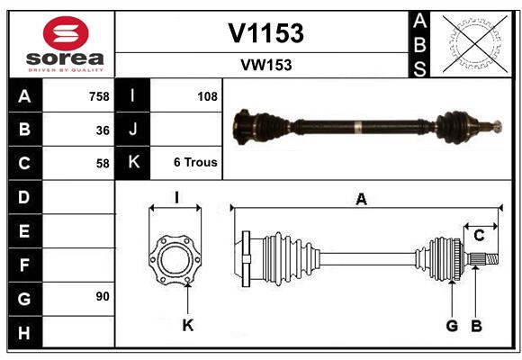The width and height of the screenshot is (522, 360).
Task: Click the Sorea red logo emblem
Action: tap(66, 33)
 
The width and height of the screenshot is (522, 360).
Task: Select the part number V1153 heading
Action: tap(265, 33)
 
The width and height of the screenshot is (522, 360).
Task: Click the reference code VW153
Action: tap(265, 65)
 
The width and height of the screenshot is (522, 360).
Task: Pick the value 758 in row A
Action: tap(99, 96)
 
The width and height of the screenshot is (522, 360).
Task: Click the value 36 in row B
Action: tap(103, 130)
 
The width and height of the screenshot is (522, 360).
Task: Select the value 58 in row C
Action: tap(103, 164)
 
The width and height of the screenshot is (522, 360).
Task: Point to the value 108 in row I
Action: tap(207, 96)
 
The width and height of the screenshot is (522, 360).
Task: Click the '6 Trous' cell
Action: tap(195, 164)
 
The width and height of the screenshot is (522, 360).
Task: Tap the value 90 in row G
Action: tap(103, 296)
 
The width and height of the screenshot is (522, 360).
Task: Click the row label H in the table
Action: tap(24, 333)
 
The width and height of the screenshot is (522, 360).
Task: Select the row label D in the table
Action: tap(24, 197)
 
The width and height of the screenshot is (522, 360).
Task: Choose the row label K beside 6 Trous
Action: tap(134, 163)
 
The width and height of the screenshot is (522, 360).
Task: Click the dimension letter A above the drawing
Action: tap(361, 200)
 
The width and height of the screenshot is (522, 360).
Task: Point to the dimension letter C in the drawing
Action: tap(479, 236)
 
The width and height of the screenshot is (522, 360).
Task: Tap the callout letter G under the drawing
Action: tap(452, 325)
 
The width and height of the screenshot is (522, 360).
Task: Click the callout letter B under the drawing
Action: tap(476, 325)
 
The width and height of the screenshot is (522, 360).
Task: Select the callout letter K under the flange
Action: tap(188, 325)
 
